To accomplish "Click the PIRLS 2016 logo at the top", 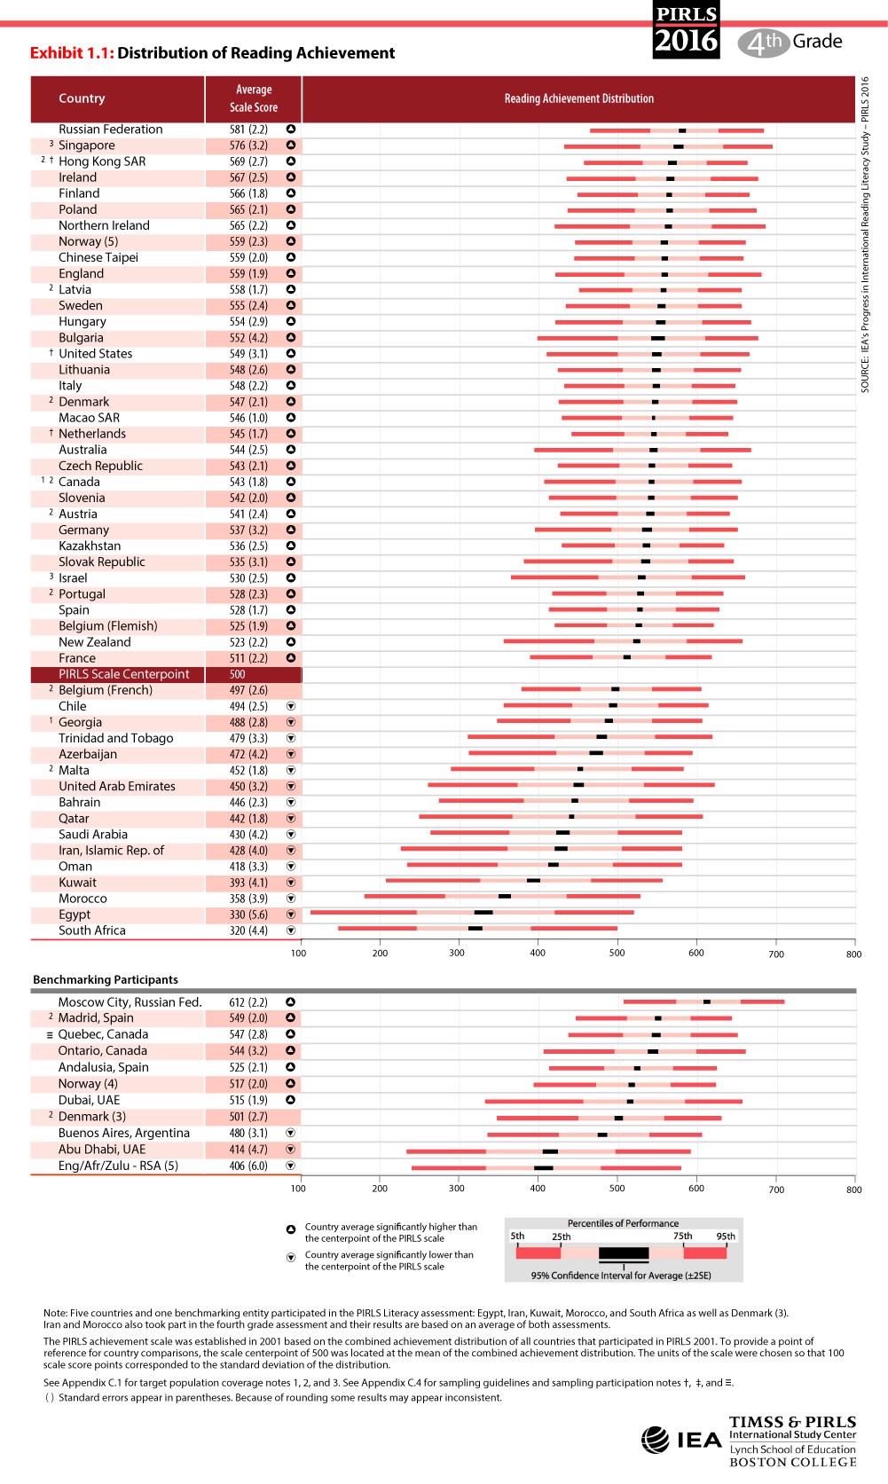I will (686, 30).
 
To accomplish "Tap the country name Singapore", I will (86, 145).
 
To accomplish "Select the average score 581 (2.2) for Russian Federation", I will (248, 130).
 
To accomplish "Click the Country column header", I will (82, 98).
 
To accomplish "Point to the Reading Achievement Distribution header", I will (578, 98).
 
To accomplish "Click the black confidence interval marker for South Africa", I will (475, 929).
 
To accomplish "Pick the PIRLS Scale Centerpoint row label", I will (123, 674).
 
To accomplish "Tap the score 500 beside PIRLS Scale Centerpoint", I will (237, 674).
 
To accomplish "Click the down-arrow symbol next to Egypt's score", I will (290, 915).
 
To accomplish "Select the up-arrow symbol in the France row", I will (290, 658).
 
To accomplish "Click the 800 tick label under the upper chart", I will (853, 954).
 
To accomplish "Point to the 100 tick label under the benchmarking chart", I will (298, 1189).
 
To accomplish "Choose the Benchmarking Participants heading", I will (106, 979).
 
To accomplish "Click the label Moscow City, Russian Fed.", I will (130, 1002).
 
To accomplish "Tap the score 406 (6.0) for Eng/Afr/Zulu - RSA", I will (248, 1166).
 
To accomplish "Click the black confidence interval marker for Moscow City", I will (707, 1001).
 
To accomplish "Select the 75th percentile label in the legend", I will (682, 1236).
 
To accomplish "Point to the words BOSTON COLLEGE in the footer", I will (792, 1463).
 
